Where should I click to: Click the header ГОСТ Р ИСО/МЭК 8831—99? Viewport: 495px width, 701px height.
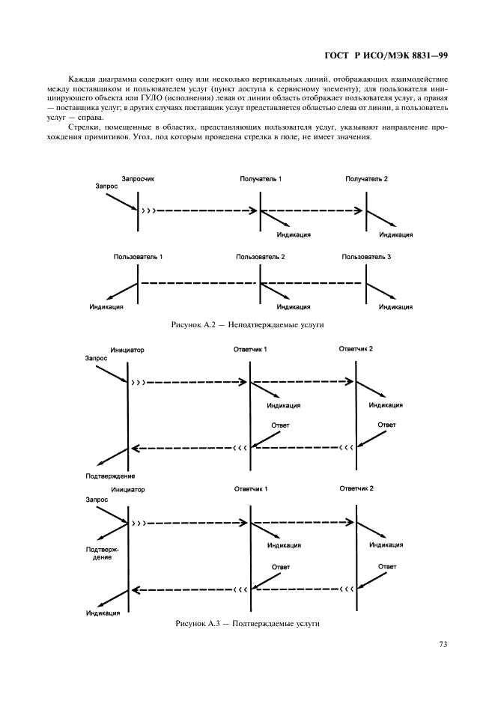[x=385, y=55]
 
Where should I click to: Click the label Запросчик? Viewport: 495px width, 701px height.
[x=138, y=179]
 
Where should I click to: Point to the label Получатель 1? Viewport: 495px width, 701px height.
[x=261, y=179]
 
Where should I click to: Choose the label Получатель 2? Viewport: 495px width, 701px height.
[x=367, y=179]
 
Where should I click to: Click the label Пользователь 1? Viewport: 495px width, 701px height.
[x=138, y=257]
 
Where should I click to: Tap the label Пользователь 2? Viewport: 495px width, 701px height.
[x=261, y=257]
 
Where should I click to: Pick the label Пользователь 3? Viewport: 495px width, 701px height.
[x=366, y=257]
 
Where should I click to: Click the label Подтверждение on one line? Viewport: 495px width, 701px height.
[x=111, y=476]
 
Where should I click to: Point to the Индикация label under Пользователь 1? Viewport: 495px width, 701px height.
[x=106, y=306]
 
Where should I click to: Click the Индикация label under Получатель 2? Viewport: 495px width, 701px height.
[x=396, y=234]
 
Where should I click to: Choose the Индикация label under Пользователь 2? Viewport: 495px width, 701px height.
[x=294, y=306]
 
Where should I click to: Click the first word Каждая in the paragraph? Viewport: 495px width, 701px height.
[x=82, y=79]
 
